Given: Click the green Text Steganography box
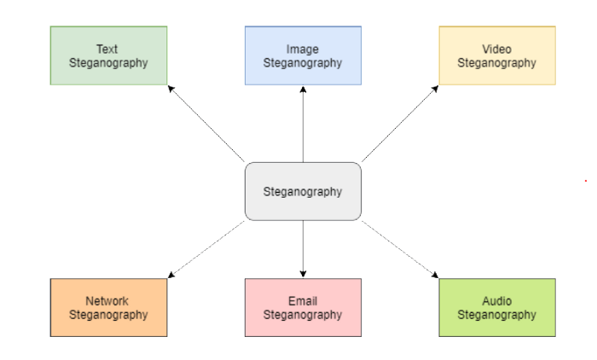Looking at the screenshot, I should [x=108, y=55].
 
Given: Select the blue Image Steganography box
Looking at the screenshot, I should [x=303, y=55].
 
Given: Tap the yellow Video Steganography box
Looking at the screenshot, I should [x=497, y=55].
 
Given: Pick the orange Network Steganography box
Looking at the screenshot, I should [x=108, y=307].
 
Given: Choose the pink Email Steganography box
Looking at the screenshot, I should [x=303, y=307].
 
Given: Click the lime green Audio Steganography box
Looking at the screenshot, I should [x=497, y=307].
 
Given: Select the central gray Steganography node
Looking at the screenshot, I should [x=303, y=191].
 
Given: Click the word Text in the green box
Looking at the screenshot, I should [x=107, y=49].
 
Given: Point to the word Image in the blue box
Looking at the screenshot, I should [x=303, y=49].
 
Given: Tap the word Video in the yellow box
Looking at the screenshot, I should [x=496, y=49].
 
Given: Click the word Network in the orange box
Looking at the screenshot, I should [x=107, y=301].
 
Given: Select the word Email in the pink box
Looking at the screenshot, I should [x=303, y=301].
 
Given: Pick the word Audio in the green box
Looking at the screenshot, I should [x=497, y=301].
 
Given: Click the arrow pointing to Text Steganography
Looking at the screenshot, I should [x=206, y=123].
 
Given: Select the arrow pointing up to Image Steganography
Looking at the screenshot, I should [x=303, y=124].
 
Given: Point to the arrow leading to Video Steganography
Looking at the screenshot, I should [x=400, y=123].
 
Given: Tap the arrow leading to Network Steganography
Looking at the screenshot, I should [x=206, y=249].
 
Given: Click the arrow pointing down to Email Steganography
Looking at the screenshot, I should [x=303, y=249].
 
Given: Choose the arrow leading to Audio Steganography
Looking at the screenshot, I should [x=400, y=249].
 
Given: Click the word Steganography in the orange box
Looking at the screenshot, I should [x=108, y=314].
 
